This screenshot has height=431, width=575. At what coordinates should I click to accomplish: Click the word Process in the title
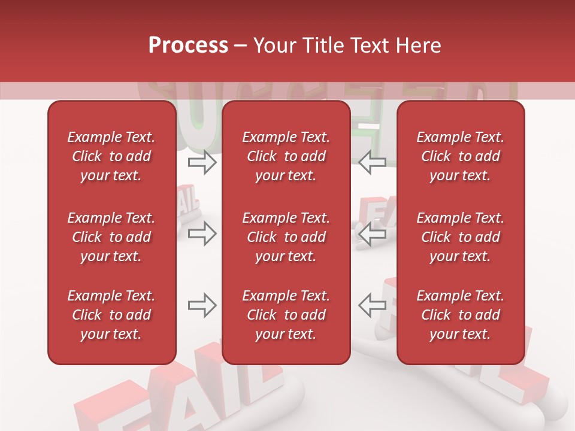[188, 45]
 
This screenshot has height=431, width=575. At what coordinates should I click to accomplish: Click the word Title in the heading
[325, 45]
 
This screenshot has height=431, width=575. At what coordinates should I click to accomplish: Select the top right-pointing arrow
[202, 163]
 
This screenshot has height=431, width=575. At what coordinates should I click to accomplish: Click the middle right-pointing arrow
[202, 234]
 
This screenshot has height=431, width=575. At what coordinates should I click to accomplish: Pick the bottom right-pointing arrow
[202, 305]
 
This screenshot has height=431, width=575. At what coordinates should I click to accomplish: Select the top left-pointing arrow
[372, 163]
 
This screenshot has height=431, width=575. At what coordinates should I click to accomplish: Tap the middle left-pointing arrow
[372, 234]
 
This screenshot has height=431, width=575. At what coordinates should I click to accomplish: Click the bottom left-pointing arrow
[372, 305]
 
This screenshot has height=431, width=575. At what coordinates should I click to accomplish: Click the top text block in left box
[111, 156]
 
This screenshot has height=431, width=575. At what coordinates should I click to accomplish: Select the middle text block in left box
[111, 237]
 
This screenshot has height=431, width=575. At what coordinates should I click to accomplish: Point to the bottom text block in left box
[111, 315]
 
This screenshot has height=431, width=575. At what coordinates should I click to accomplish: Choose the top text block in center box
[286, 156]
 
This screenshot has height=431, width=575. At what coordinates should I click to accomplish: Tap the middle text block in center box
[286, 237]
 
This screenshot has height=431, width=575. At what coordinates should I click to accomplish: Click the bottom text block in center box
[286, 315]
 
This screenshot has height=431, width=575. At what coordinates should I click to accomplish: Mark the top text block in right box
[461, 156]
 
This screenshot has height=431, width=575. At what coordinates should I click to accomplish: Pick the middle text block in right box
[461, 237]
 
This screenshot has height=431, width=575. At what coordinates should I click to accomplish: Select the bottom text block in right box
[461, 315]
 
